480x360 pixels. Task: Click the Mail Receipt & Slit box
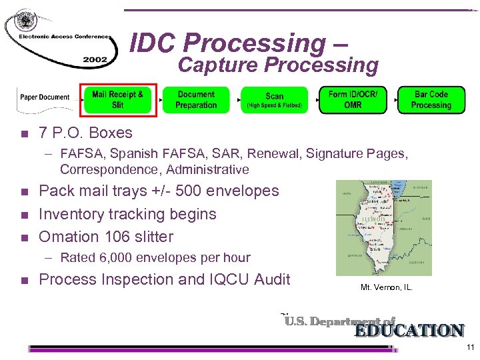(x=118, y=99)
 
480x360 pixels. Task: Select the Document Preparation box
(x=196, y=100)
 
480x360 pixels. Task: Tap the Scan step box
(x=274, y=100)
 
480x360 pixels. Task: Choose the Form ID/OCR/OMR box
(x=353, y=99)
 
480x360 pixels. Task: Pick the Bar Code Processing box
(x=431, y=100)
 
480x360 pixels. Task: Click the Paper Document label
(x=45, y=97)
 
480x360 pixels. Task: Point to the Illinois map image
(x=383, y=227)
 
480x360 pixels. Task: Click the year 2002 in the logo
(x=95, y=59)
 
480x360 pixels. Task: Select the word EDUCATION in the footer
(x=409, y=331)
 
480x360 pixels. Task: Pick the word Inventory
(x=74, y=214)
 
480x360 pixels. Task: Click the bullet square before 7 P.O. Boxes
(x=25, y=133)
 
